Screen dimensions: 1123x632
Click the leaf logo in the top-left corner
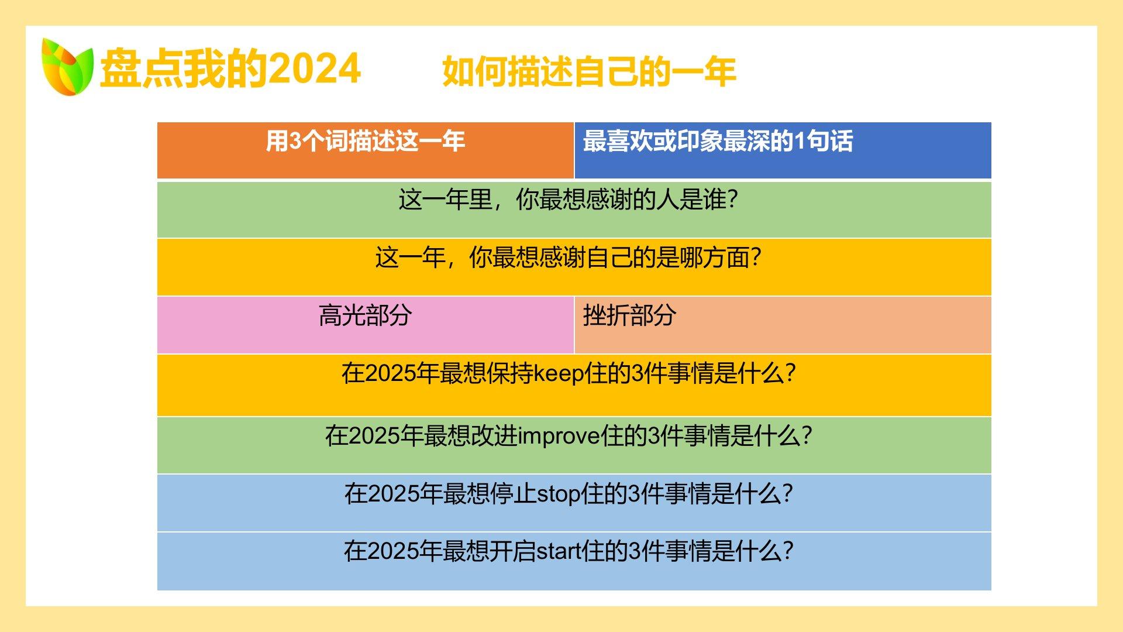click(x=67, y=67)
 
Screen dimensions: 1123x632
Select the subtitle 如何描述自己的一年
click(x=589, y=71)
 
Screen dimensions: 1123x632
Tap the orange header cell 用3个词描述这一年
click(x=366, y=150)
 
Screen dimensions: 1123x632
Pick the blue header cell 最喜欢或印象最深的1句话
click(x=783, y=150)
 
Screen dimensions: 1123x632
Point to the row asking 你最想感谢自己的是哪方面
click(x=574, y=267)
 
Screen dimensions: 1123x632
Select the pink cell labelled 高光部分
click(x=366, y=325)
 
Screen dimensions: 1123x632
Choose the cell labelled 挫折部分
click(x=783, y=325)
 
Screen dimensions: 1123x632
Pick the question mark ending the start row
click(x=788, y=551)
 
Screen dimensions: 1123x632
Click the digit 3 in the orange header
click(x=295, y=141)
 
